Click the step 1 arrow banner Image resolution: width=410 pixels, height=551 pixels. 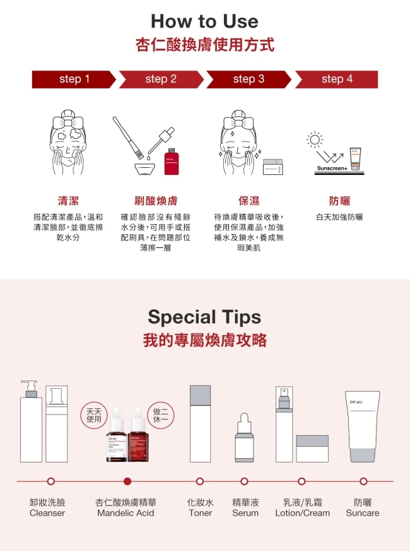pos(74,79)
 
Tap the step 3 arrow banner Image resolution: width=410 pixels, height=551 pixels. pos(249,79)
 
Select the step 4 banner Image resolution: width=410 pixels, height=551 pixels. pos(337,79)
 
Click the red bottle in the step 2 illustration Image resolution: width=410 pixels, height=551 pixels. pos(172,162)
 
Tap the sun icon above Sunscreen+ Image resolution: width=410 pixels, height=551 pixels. pos(315,139)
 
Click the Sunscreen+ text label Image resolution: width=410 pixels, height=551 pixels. pos(332,169)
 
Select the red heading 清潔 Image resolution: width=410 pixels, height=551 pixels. pos(68,201)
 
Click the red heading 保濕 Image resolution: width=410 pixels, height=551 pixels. pos(249,201)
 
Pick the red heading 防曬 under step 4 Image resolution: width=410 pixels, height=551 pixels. pos(339,201)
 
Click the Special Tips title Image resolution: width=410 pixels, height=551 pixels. pos(204,317)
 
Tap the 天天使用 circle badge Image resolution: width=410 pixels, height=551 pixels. pos(94,415)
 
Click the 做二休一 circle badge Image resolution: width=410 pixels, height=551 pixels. pos(161,415)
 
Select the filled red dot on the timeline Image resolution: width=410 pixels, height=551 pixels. pos(127,481)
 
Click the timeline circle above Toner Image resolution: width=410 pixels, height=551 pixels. pos(200,481)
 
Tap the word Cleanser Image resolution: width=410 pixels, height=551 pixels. pos(47,513)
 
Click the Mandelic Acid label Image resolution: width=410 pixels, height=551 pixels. pos(126,513)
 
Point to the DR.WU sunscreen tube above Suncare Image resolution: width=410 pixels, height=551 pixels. pos(363,427)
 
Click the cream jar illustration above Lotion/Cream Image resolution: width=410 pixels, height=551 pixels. pos(312,449)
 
